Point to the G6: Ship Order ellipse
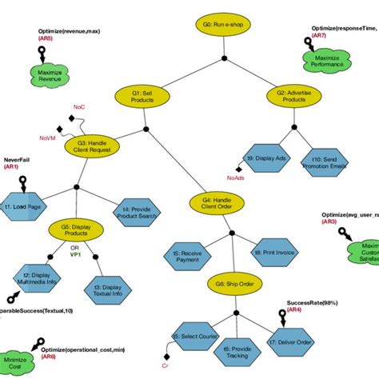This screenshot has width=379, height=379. pyautogui.click(x=231, y=284)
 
